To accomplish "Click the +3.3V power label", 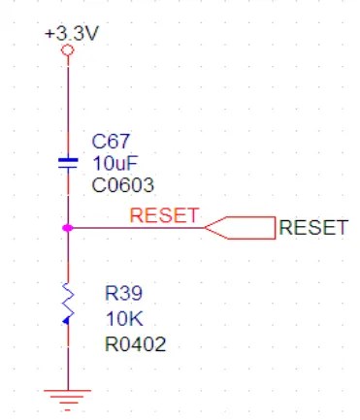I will [71, 33].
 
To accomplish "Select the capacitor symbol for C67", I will [68, 162].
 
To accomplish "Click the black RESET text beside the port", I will [312, 228].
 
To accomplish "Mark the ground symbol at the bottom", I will [68, 396].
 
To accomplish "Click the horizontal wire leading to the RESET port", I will [136, 228].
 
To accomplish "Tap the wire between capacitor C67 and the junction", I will [68, 199].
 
